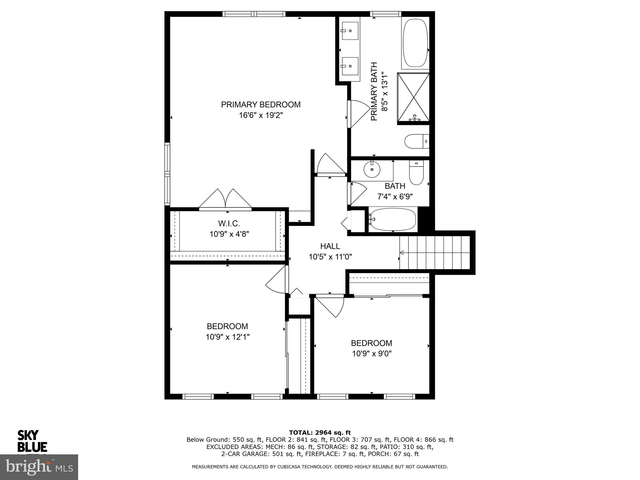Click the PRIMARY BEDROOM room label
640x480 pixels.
pyautogui.click(x=261, y=105)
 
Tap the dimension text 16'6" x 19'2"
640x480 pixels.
pyautogui.click(x=261, y=115)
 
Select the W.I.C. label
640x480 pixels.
pyautogui.click(x=229, y=223)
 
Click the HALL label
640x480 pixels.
pyautogui.click(x=330, y=246)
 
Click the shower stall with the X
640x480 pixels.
pyautogui.click(x=413, y=97)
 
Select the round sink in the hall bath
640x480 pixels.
pyautogui.click(x=372, y=170)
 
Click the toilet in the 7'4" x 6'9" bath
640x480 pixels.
pyautogui.click(x=416, y=173)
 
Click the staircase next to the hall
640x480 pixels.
pyautogui.click(x=435, y=252)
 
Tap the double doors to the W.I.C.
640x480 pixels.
pyautogui.click(x=225, y=199)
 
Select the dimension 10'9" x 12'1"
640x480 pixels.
pyautogui.click(x=227, y=337)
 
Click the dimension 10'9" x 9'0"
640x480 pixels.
pyautogui.click(x=372, y=354)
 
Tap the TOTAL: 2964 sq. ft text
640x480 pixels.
pyautogui.click(x=320, y=433)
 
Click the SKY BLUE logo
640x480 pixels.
pyautogui.click(x=32, y=441)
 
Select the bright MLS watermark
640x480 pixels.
pyautogui.click(x=39, y=467)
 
